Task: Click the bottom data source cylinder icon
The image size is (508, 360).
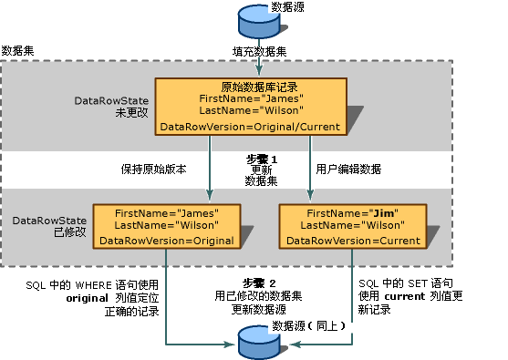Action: (x=257, y=344)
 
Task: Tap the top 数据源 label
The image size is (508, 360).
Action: (x=300, y=8)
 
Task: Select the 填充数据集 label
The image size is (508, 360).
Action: (x=258, y=53)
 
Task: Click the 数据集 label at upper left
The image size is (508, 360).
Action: (x=19, y=51)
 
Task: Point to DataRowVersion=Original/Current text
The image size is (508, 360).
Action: (x=250, y=127)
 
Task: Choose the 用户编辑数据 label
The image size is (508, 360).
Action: (x=347, y=169)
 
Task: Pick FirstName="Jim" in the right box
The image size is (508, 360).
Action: (x=351, y=211)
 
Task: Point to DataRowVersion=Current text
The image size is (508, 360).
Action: (x=352, y=241)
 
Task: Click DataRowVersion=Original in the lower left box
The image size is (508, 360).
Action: (x=166, y=241)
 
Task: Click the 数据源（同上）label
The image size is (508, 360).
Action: (x=305, y=325)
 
